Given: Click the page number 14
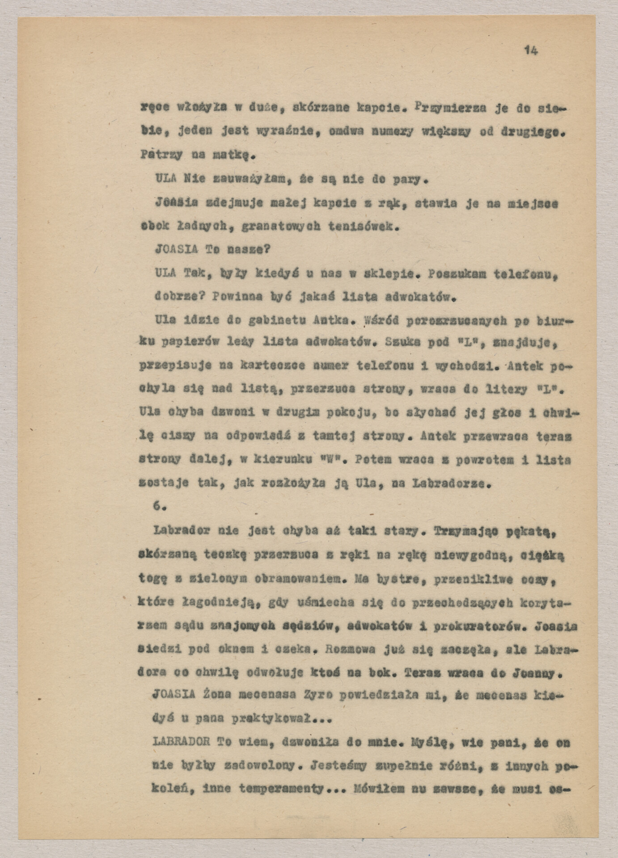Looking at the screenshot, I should (531, 50).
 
